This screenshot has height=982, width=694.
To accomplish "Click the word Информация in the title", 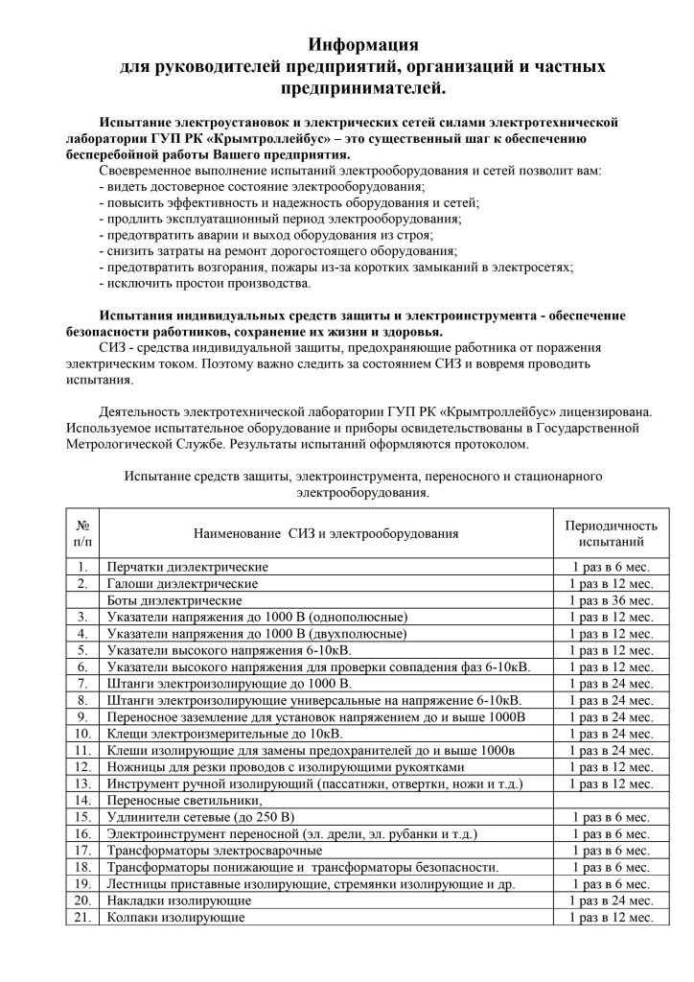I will [x=363, y=44].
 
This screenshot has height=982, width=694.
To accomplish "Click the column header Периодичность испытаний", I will [x=611, y=534].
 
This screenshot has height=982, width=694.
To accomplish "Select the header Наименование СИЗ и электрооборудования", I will [x=326, y=533].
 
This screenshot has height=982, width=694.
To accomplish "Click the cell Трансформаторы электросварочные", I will [x=214, y=850].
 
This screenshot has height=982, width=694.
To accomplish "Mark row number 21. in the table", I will [x=83, y=917].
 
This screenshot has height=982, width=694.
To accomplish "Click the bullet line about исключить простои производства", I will [x=204, y=285].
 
